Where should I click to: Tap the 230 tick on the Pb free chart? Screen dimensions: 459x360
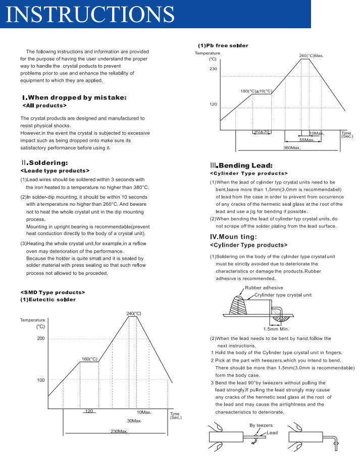click(x=213, y=69)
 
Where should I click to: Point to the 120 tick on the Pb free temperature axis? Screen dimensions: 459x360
click(x=213, y=104)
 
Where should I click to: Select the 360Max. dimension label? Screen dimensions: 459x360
click(x=291, y=148)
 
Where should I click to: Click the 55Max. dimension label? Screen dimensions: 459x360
click(x=306, y=140)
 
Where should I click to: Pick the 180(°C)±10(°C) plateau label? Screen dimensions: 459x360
click(x=256, y=91)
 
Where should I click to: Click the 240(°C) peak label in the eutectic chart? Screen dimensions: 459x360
click(x=134, y=314)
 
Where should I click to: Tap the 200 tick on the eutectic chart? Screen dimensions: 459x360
click(x=41, y=338)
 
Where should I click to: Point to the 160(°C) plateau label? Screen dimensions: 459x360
click(x=89, y=359)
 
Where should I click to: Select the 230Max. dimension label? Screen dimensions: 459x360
click(x=119, y=431)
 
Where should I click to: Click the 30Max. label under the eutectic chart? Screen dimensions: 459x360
click(x=134, y=421)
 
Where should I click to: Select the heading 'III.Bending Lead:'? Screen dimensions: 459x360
click(x=241, y=165)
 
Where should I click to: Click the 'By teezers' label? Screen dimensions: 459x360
click(x=261, y=425)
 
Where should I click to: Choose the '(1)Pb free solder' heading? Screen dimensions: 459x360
click(x=223, y=45)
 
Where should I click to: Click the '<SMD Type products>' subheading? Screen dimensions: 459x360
click(x=53, y=292)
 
